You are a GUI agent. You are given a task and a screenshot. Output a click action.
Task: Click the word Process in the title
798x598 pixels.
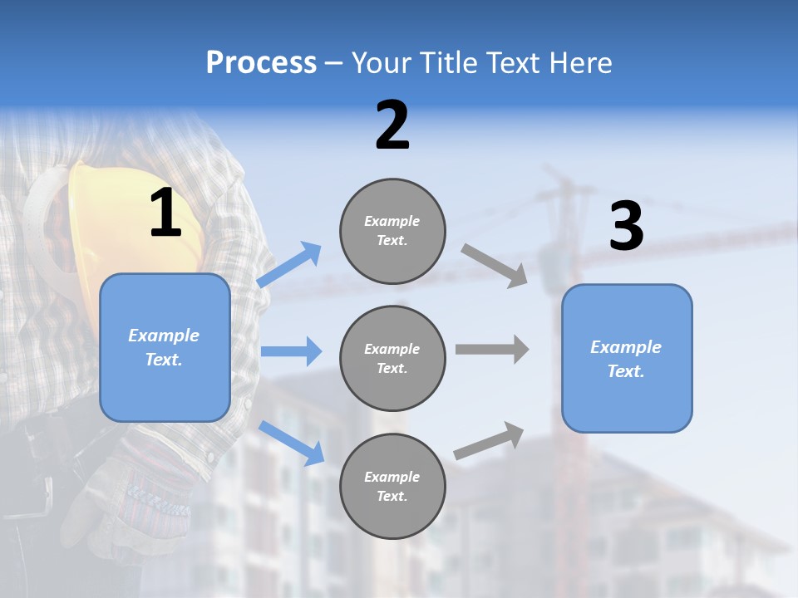click(x=261, y=62)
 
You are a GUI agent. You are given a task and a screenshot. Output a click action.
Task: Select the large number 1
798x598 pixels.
click(x=165, y=213)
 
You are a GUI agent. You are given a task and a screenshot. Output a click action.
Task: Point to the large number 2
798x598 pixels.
click(x=392, y=125)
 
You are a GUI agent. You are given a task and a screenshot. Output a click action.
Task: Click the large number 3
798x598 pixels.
click(x=626, y=227)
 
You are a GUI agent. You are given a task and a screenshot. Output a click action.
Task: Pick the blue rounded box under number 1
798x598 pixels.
click(x=165, y=347)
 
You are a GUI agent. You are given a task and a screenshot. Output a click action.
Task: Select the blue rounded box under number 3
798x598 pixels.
click(x=627, y=359)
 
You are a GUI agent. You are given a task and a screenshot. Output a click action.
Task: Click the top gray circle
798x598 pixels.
click(x=392, y=231)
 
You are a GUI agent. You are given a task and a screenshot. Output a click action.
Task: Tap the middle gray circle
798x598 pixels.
click(x=392, y=359)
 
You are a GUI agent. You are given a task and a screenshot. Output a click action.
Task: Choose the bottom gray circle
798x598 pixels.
click(x=392, y=487)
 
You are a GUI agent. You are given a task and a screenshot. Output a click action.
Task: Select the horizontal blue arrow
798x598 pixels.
click(x=291, y=351)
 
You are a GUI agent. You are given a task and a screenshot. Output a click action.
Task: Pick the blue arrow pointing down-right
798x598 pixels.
click(x=292, y=443)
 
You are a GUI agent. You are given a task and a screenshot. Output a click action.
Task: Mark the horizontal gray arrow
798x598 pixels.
click(x=492, y=349)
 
